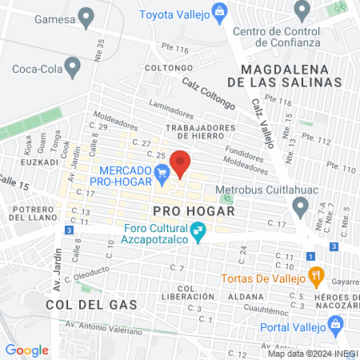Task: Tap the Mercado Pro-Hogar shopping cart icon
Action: (x=162, y=170)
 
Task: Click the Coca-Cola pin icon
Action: (x=74, y=67)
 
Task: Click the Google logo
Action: (x=27, y=350)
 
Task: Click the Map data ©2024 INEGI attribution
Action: (x=312, y=354)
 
